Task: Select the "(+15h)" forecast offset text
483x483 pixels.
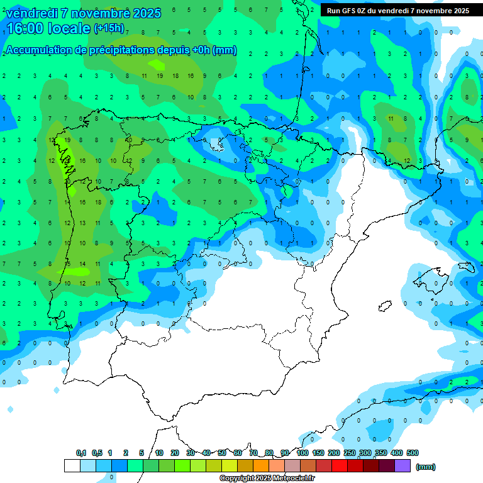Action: (109, 28)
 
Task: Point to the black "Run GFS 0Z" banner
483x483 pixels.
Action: (398, 11)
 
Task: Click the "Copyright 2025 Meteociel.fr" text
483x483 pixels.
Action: (267, 479)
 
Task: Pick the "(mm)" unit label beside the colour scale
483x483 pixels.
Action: (426, 467)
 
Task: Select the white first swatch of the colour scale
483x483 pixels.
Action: (72, 465)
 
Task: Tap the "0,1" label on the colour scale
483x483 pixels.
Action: (81, 453)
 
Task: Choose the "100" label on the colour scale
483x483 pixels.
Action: (303, 453)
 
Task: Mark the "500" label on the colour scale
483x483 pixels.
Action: (413, 453)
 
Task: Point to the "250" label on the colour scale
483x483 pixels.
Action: (350, 453)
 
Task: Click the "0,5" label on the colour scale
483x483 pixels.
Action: (97, 453)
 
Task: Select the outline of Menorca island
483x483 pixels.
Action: (467, 267)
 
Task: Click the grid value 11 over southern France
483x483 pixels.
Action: (391, 118)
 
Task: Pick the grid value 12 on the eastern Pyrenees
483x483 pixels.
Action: (406, 160)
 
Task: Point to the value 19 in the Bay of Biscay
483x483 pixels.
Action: (159, 75)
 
